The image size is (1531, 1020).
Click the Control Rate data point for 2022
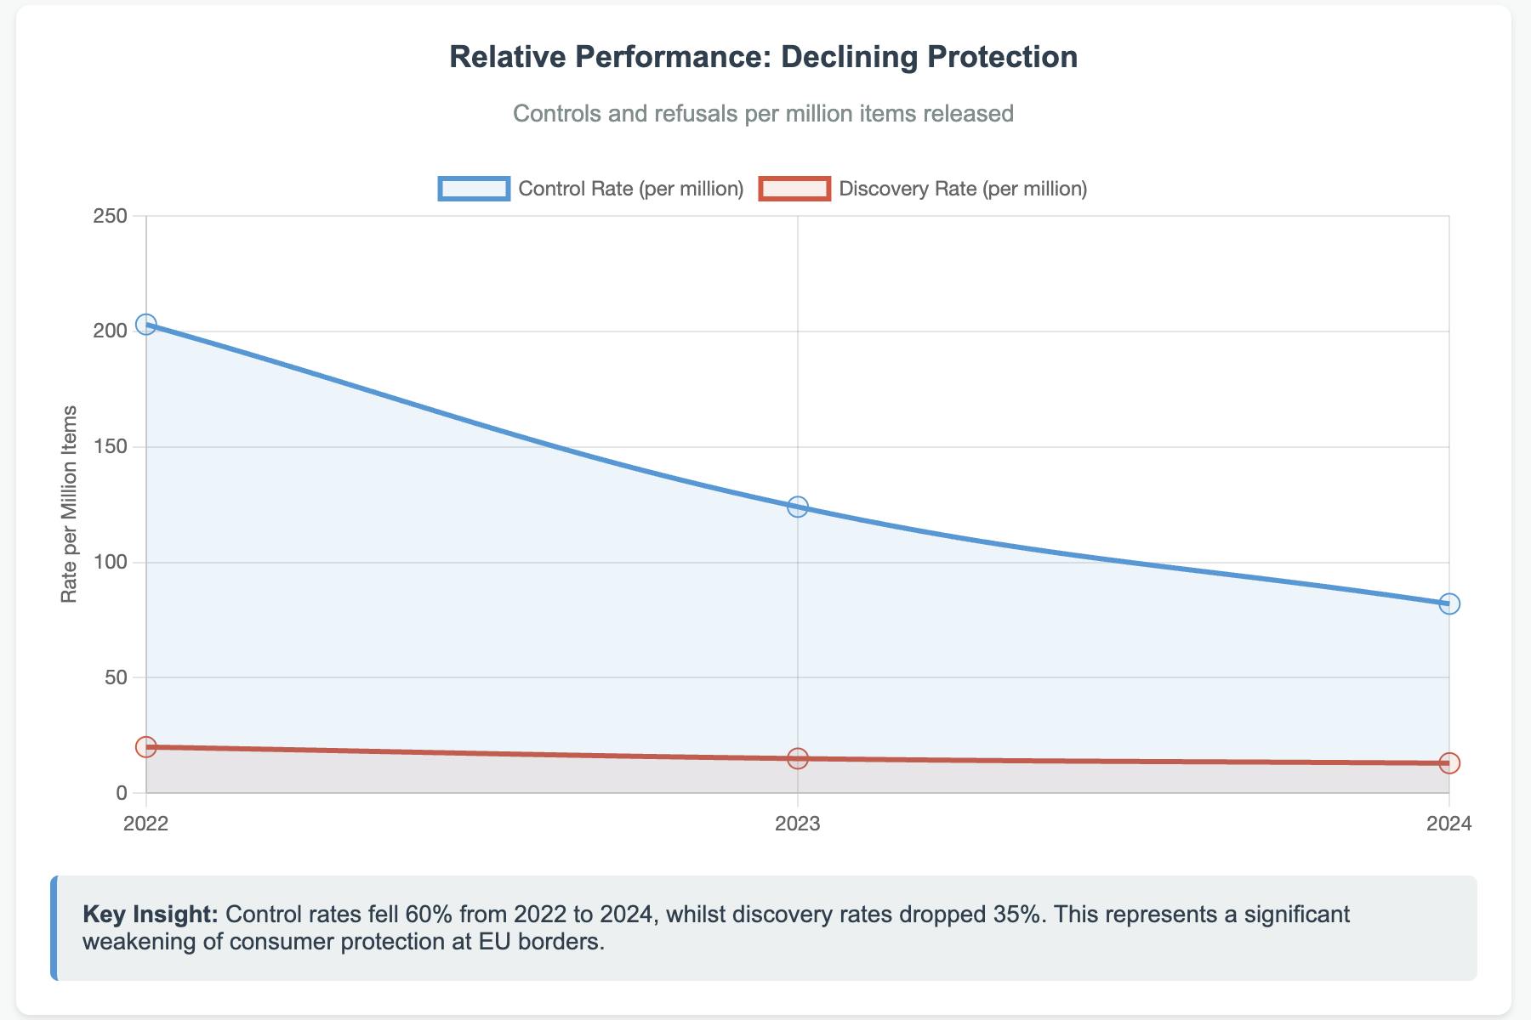146,325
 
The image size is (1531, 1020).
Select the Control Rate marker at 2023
798,507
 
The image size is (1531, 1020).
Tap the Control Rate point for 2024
1449,603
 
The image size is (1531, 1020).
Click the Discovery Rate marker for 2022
146,747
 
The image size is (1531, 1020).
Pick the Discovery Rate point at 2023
798,758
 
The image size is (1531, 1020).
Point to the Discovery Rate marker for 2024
1449,763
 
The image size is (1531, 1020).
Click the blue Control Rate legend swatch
474,189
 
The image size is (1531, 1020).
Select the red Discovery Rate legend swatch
794,189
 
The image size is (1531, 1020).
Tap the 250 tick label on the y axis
110,216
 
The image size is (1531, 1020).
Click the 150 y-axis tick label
110,447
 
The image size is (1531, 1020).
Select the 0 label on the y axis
121,793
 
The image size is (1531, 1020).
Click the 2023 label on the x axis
798,824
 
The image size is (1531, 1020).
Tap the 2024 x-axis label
1449,824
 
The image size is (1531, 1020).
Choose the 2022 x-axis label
146,824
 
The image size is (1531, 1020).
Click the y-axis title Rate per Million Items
70,504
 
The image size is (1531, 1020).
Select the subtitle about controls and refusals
763,113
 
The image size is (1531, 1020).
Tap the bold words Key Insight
151,915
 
